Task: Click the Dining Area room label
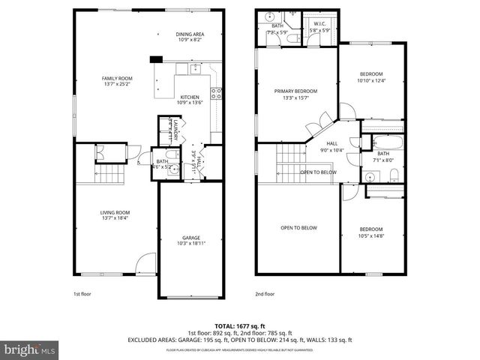pyautogui.click(x=191, y=37)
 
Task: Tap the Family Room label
pyautogui.click(x=117, y=82)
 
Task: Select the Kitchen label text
pyautogui.click(x=190, y=100)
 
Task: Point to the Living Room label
pyautogui.click(x=116, y=215)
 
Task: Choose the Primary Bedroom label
pyautogui.click(x=295, y=94)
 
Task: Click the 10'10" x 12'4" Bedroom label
pyautogui.click(x=371, y=77)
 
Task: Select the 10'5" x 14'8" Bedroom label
pyautogui.click(x=370, y=232)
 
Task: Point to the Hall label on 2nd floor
pyautogui.click(x=331, y=146)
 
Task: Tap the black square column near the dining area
pyautogui.click(x=156, y=60)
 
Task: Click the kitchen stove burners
pyautogui.click(x=217, y=94)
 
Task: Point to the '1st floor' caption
pyautogui.click(x=83, y=294)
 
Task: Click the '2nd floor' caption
pyautogui.click(x=265, y=294)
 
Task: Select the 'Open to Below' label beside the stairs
pyautogui.click(x=319, y=172)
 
